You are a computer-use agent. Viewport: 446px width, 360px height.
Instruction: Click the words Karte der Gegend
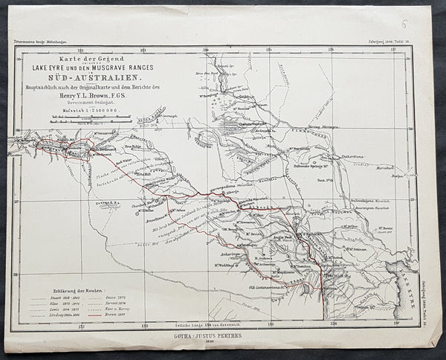pos(76,57)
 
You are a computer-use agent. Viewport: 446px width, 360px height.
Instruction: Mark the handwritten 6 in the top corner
pos(425,25)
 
